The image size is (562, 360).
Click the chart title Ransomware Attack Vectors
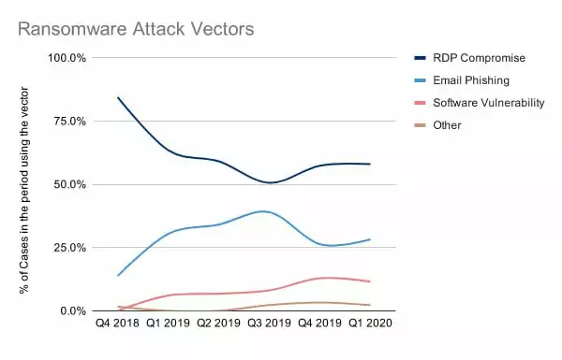(x=136, y=29)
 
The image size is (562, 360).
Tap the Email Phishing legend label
(x=471, y=80)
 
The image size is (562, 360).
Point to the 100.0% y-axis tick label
(x=67, y=58)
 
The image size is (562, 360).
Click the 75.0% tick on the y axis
(x=70, y=122)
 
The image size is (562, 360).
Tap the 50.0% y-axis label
(x=70, y=184)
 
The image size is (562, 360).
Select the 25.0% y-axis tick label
(x=70, y=248)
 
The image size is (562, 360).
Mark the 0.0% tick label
(x=73, y=311)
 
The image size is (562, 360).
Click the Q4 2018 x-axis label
(x=117, y=324)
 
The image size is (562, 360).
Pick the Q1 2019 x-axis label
(x=168, y=324)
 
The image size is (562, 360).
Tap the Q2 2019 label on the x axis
(x=218, y=324)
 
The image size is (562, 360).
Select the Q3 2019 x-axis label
(x=269, y=324)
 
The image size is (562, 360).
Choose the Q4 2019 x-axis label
(x=319, y=324)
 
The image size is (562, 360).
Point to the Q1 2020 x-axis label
(x=370, y=324)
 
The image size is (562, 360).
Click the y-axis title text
(x=24, y=191)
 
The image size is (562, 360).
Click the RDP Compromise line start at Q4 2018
(x=118, y=97)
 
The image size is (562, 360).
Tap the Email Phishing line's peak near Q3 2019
(x=264, y=211)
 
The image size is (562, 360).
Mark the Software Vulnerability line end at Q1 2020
(x=370, y=281)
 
